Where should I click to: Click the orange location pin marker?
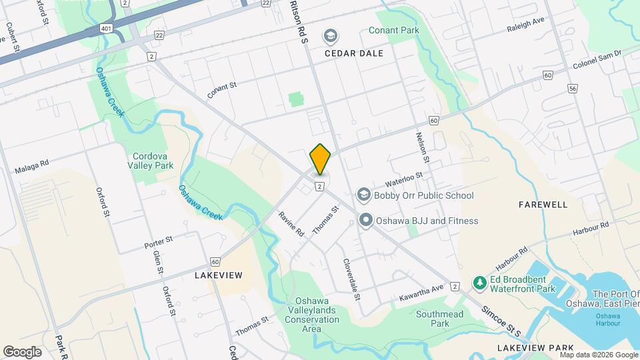tap(321, 159)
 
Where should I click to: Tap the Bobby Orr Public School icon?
tap(363, 195)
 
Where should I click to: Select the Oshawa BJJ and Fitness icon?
tap(366, 221)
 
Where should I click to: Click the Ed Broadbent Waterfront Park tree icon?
tap(479, 283)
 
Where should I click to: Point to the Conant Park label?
tap(393, 31)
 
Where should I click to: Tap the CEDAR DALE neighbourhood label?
tap(354, 53)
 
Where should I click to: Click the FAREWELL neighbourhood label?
tap(543, 205)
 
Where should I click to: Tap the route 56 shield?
tap(573, 88)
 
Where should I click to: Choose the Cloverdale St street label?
tap(351, 279)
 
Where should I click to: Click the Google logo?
tap(22, 351)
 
